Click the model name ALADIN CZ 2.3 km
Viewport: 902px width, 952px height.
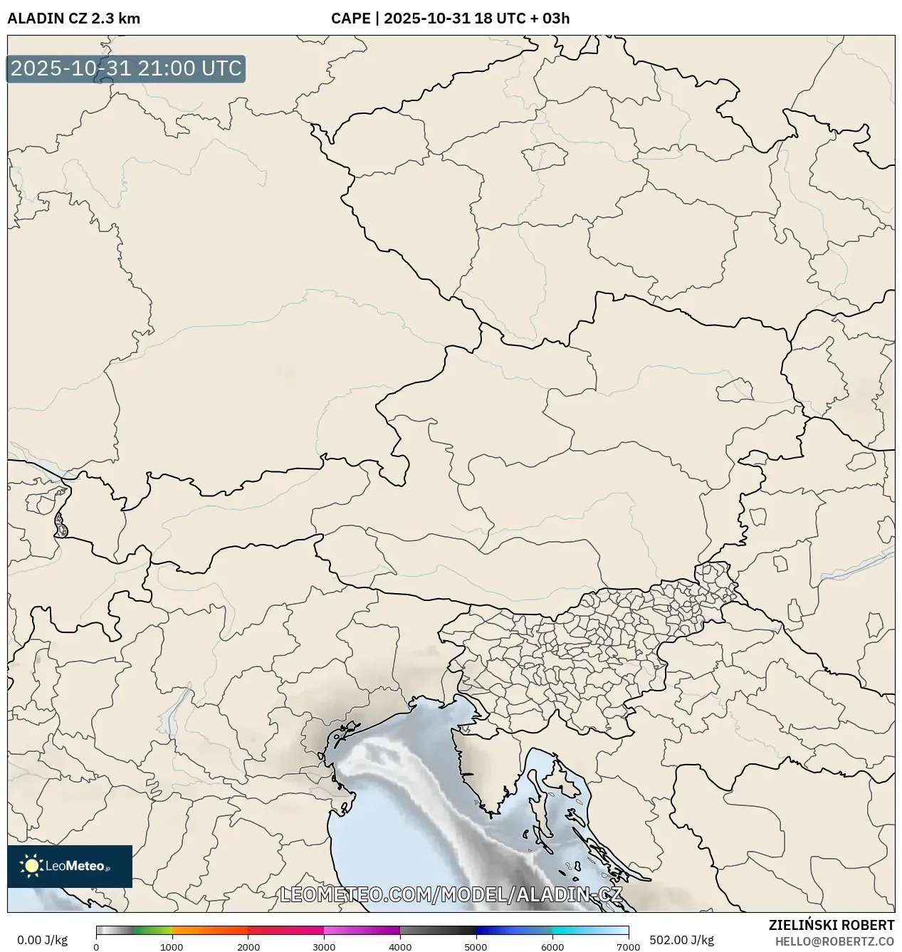point(73,19)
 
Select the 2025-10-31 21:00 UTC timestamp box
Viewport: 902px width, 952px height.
point(126,68)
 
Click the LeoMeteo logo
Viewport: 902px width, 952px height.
point(70,866)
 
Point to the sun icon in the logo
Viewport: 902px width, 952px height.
point(31,866)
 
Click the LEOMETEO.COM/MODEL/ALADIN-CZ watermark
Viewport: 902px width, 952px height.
point(451,894)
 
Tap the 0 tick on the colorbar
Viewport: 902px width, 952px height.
point(96,947)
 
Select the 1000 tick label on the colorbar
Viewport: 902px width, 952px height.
point(172,947)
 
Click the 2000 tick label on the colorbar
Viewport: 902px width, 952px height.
point(248,947)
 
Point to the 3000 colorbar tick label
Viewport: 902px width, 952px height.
point(324,947)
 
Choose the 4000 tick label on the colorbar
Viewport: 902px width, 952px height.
point(400,947)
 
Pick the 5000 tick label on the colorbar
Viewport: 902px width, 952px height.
point(476,947)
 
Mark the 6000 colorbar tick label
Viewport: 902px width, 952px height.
point(552,947)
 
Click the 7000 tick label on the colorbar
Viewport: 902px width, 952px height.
point(628,947)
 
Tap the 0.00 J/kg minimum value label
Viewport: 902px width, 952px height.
point(42,940)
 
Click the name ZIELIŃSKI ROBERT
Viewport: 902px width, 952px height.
point(831,925)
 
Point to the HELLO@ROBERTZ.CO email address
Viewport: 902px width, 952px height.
point(834,941)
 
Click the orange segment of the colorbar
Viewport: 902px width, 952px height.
point(210,930)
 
